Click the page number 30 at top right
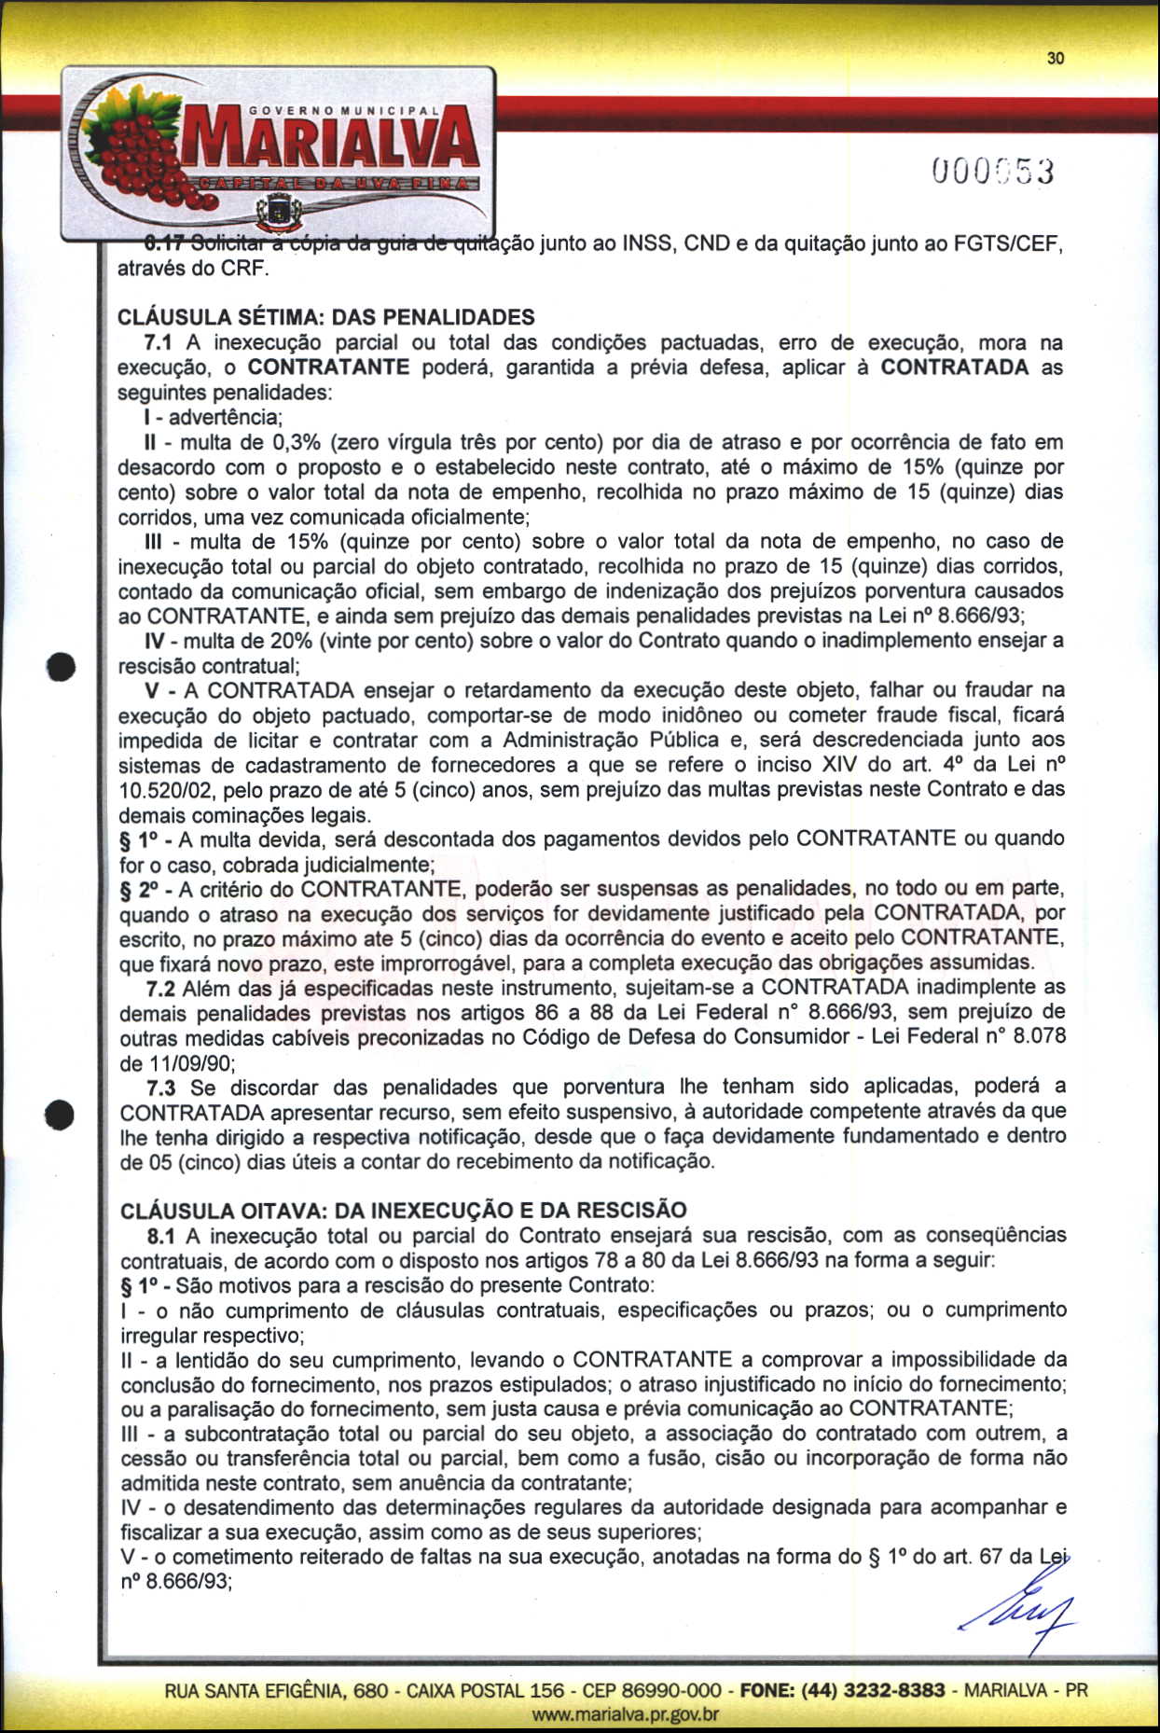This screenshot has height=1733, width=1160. tap(1055, 58)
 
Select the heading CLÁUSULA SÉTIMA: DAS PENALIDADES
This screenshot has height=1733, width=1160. tap(326, 317)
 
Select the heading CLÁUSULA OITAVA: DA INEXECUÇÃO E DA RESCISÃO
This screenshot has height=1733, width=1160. tap(404, 1211)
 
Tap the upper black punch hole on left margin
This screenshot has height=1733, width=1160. tap(62, 668)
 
